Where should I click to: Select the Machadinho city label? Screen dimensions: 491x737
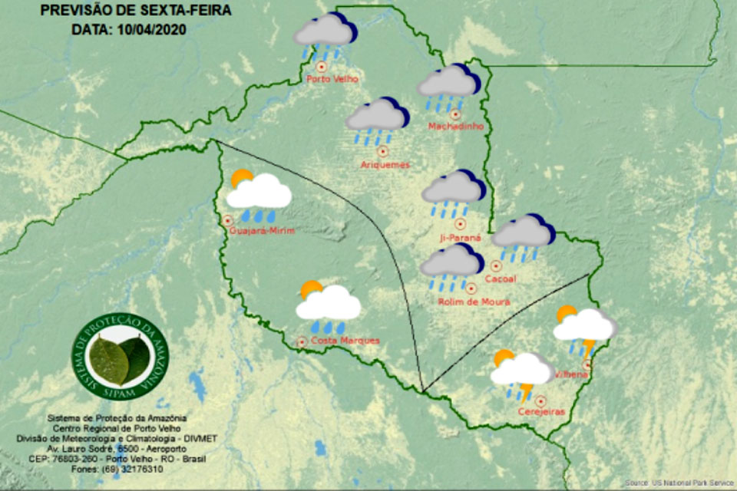click(x=454, y=126)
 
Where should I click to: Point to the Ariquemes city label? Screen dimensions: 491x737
click(x=385, y=164)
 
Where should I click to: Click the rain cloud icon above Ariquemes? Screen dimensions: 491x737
click(x=377, y=119)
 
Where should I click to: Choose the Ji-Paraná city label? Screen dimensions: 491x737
click(x=461, y=238)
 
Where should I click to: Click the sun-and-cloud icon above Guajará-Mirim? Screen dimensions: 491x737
click(x=259, y=193)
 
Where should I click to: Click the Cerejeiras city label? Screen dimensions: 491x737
click(x=540, y=412)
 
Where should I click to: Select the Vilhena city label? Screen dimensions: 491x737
click(x=571, y=374)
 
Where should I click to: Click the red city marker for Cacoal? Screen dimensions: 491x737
click(x=496, y=265)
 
